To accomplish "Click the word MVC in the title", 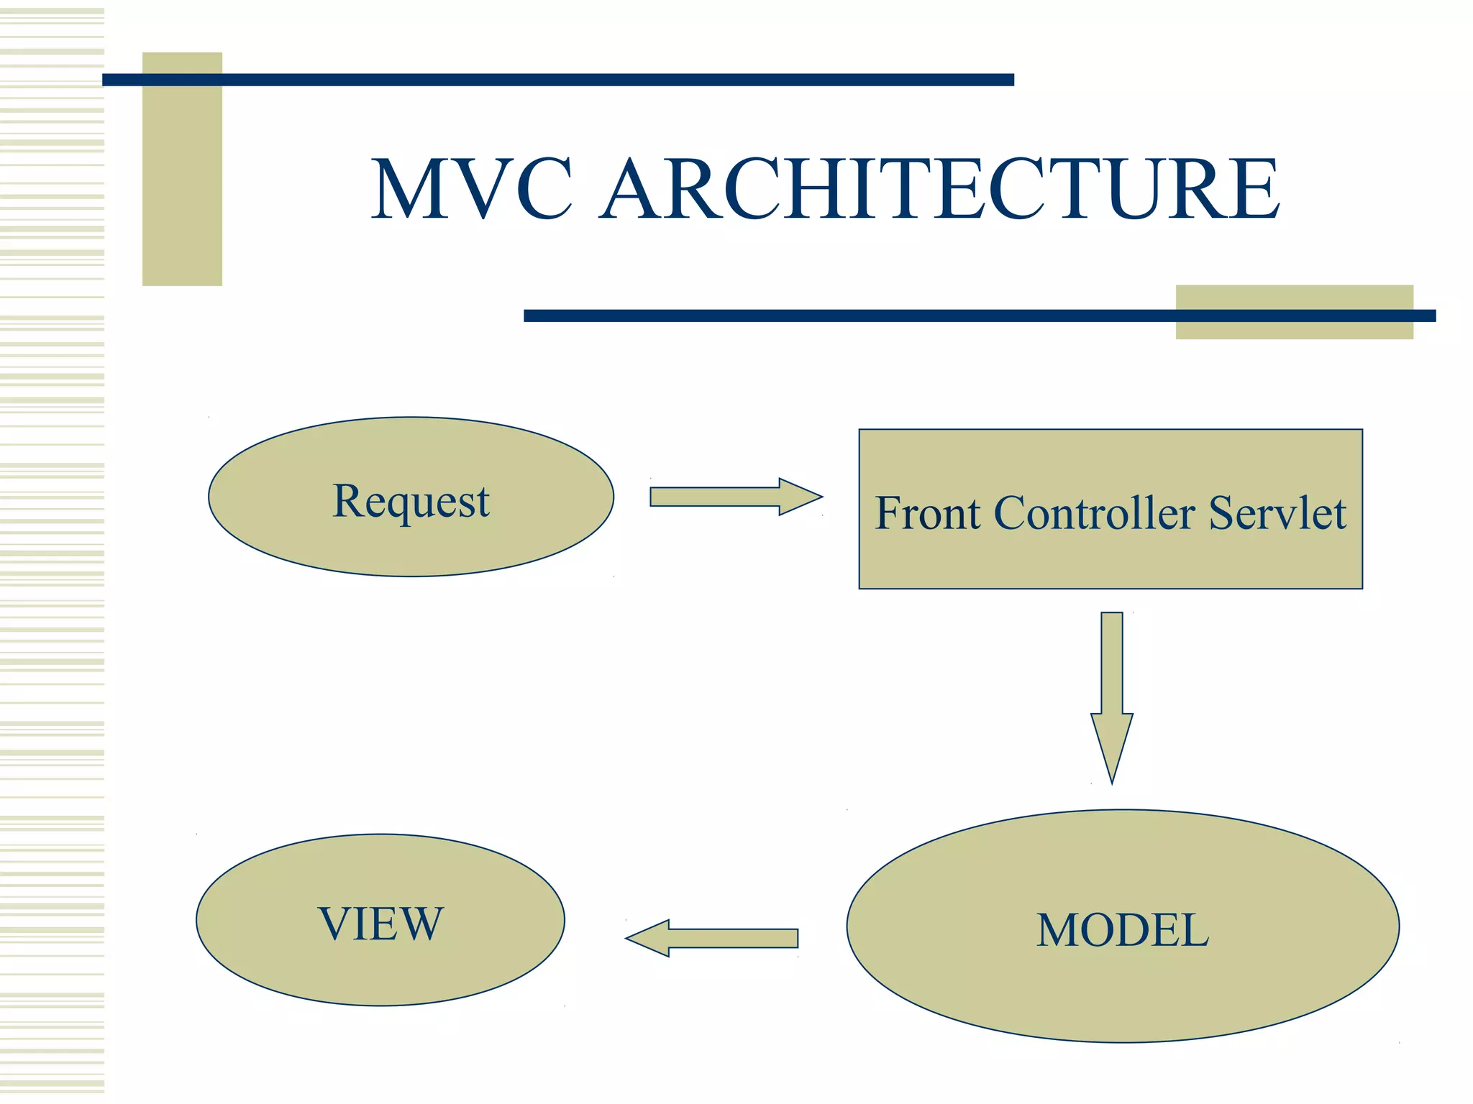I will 471,188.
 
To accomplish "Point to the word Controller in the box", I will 1094,513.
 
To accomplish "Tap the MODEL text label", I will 1123,930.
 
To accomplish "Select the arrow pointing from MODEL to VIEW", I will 726,938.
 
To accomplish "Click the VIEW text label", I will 380,924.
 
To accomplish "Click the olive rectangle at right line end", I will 1295,331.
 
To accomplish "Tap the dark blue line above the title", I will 557,80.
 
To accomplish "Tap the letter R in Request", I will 350,500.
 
